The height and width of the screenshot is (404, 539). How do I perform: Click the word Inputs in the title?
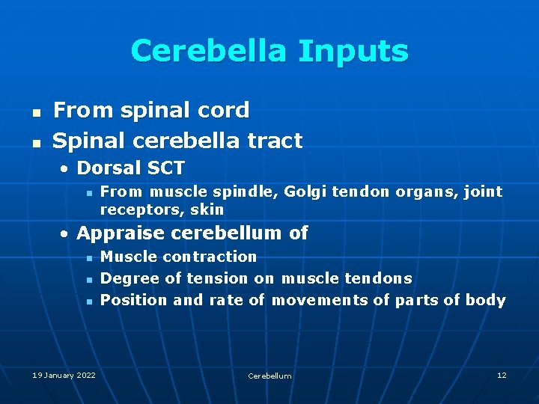click(353, 52)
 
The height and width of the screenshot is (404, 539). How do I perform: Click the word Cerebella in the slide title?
click(209, 52)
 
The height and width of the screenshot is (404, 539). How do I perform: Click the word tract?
click(276, 141)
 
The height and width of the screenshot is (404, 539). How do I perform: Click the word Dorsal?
click(108, 168)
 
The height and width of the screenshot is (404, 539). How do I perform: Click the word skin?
click(207, 209)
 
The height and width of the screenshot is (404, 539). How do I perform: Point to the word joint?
click(484, 192)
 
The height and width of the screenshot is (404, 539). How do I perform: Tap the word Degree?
click(130, 278)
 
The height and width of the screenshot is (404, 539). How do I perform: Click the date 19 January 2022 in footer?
click(64, 375)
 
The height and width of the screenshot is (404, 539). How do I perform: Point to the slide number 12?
click(502, 375)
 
